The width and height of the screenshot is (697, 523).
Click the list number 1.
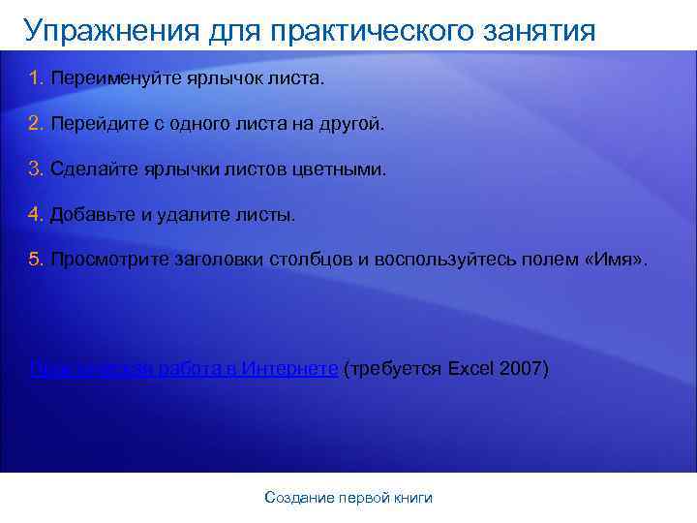coord(36,77)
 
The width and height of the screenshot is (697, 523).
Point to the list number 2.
coord(36,124)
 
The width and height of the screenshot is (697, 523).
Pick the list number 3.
coord(36,169)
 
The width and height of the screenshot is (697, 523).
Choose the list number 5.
coord(36,261)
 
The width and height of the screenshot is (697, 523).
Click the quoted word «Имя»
coord(618,261)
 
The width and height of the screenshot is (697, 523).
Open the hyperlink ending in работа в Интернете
coord(184,369)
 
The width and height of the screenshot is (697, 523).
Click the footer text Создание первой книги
coord(348,498)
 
